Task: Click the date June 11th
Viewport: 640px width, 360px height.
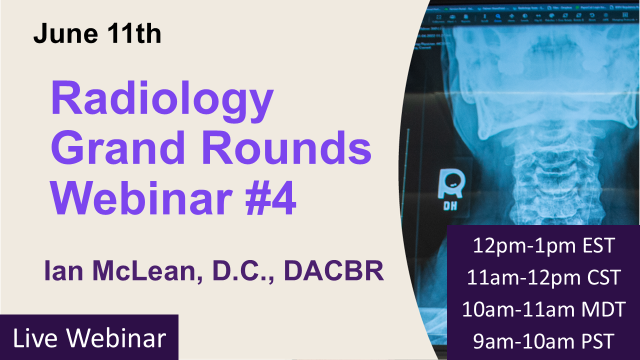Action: (97, 34)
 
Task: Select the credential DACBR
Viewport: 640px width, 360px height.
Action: (333, 271)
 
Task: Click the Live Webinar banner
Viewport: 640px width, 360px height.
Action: (89, 338)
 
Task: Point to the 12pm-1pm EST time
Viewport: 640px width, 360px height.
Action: (543, 246)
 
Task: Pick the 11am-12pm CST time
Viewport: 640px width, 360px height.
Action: (543, 277)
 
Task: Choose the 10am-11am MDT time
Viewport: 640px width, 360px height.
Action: (543, 309)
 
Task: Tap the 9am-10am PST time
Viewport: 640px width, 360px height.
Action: (543, 341)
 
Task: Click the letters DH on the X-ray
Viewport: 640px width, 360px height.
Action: (450, 205)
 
